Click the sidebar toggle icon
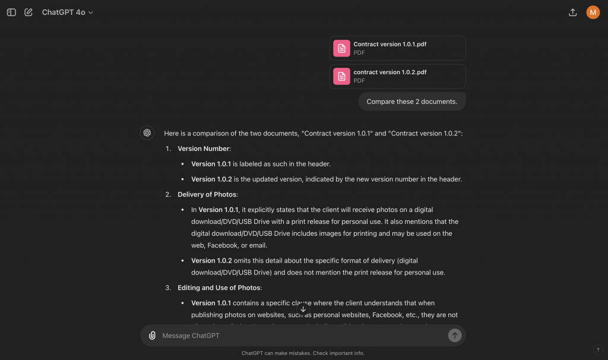pyautogui.click(x=11, y=12)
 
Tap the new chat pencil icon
pyautogui.click(x=28, y=12)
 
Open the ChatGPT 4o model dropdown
pyautogui.click(x=68, y=12)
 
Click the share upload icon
pyautogui.click(x=572, y=12)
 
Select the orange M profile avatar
pyautogui.click(x=593, y=12)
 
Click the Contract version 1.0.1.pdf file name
pyautogui.click(x=389, y=44)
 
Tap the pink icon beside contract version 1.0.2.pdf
pyautogui.click(x=341, y=76)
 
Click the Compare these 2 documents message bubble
pyautogui.click(x=411, y=102)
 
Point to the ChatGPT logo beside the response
pyautogui.click(x=147, y=133)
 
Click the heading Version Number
pyautogui.click(x=204, y=149)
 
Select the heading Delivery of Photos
pyautogui.click(x=207, y=194)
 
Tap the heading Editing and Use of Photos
pyautogui.click(x=219, y=288)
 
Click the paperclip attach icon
pyautogui.click(x=153, y=336)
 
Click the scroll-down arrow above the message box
pyautogui.click(x=303, y=310)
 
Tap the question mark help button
pyautogui.click(x=598, y=349)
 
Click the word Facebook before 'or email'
pyautogui.click(x=222, y=245)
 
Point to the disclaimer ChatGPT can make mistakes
pyautogui.click(x=303, y=353)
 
